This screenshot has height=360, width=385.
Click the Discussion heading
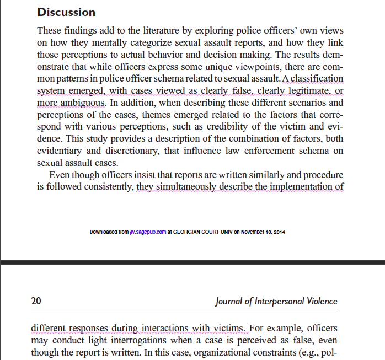(66, 12)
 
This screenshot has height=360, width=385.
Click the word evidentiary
(61, 151)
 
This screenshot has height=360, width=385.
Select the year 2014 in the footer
(279, 232)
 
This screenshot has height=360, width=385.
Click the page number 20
(36, 301)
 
